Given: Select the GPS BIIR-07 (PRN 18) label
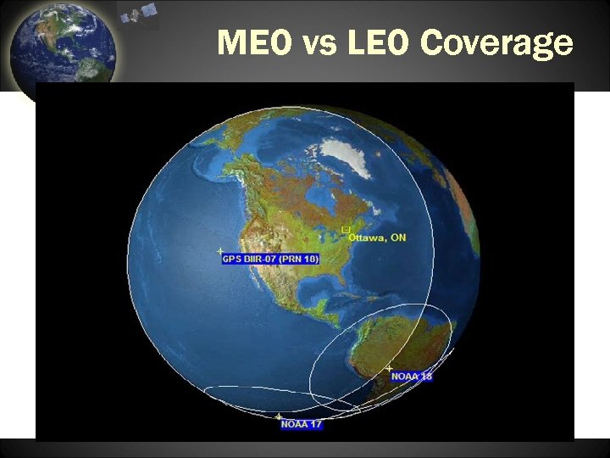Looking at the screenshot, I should pyautogui.click(x=270, y=259).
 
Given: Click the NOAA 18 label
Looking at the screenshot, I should pyautogui.click(x=412, y=376).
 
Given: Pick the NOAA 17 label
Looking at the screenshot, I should pyautogui.click(x=302, y=424).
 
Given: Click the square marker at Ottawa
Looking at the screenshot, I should pyautogui.click(x=345, y=230).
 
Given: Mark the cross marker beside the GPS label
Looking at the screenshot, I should pyautogui.click(x=220, y=251).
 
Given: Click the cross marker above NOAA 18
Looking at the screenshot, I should pyautogui.click(x=390, y=368).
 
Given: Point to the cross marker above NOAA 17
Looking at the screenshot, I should pyautogui.click(x=279, y=416).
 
